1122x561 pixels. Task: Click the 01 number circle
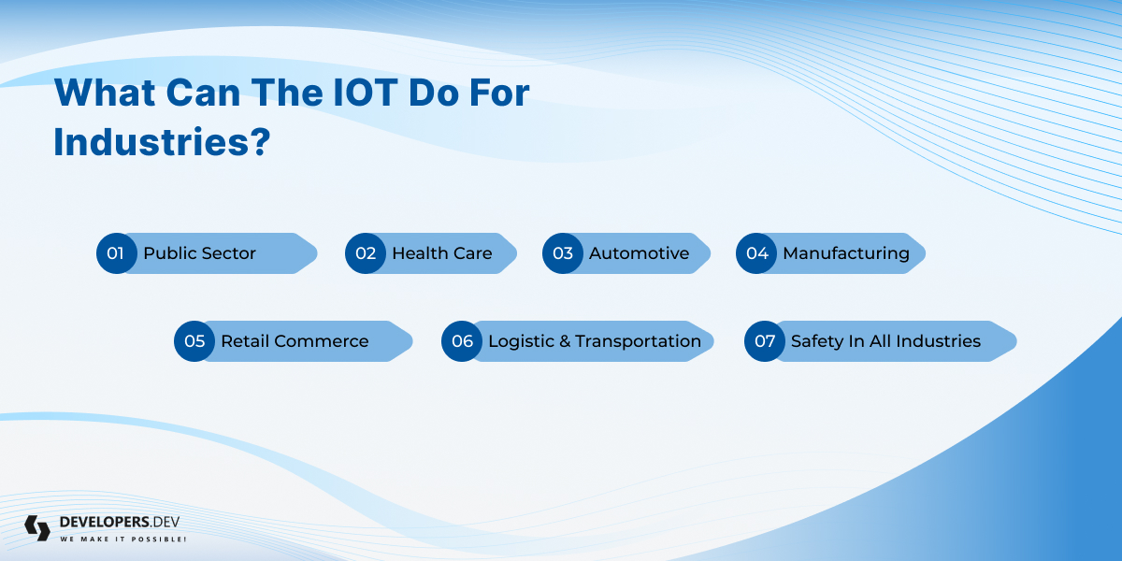pos(117,253)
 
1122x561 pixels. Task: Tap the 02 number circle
pos(366,253)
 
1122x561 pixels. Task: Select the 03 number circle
pos(563,253)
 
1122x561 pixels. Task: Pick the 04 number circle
pos(756,253)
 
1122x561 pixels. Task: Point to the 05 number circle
pos(194,341)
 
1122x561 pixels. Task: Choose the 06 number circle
pos(462,341)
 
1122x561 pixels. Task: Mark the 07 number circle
pos(765,341)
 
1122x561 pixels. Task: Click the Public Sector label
pos(199,253)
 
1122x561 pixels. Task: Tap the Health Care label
pos(441,253)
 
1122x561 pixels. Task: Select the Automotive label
pos(640,253)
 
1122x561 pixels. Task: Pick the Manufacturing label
pos(846,253)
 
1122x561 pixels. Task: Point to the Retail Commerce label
pos(295,341)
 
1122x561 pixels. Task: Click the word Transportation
pos(638,341)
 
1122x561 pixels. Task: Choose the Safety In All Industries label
pos(885,341)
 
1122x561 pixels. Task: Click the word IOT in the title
pos(366,93)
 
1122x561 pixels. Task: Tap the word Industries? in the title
pos(162,142)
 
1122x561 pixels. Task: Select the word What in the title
pos(105,93)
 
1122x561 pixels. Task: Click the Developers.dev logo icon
pos(37,528)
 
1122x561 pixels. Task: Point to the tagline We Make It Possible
pos(123,539)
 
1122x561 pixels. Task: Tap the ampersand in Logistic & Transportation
pos(565,341)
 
